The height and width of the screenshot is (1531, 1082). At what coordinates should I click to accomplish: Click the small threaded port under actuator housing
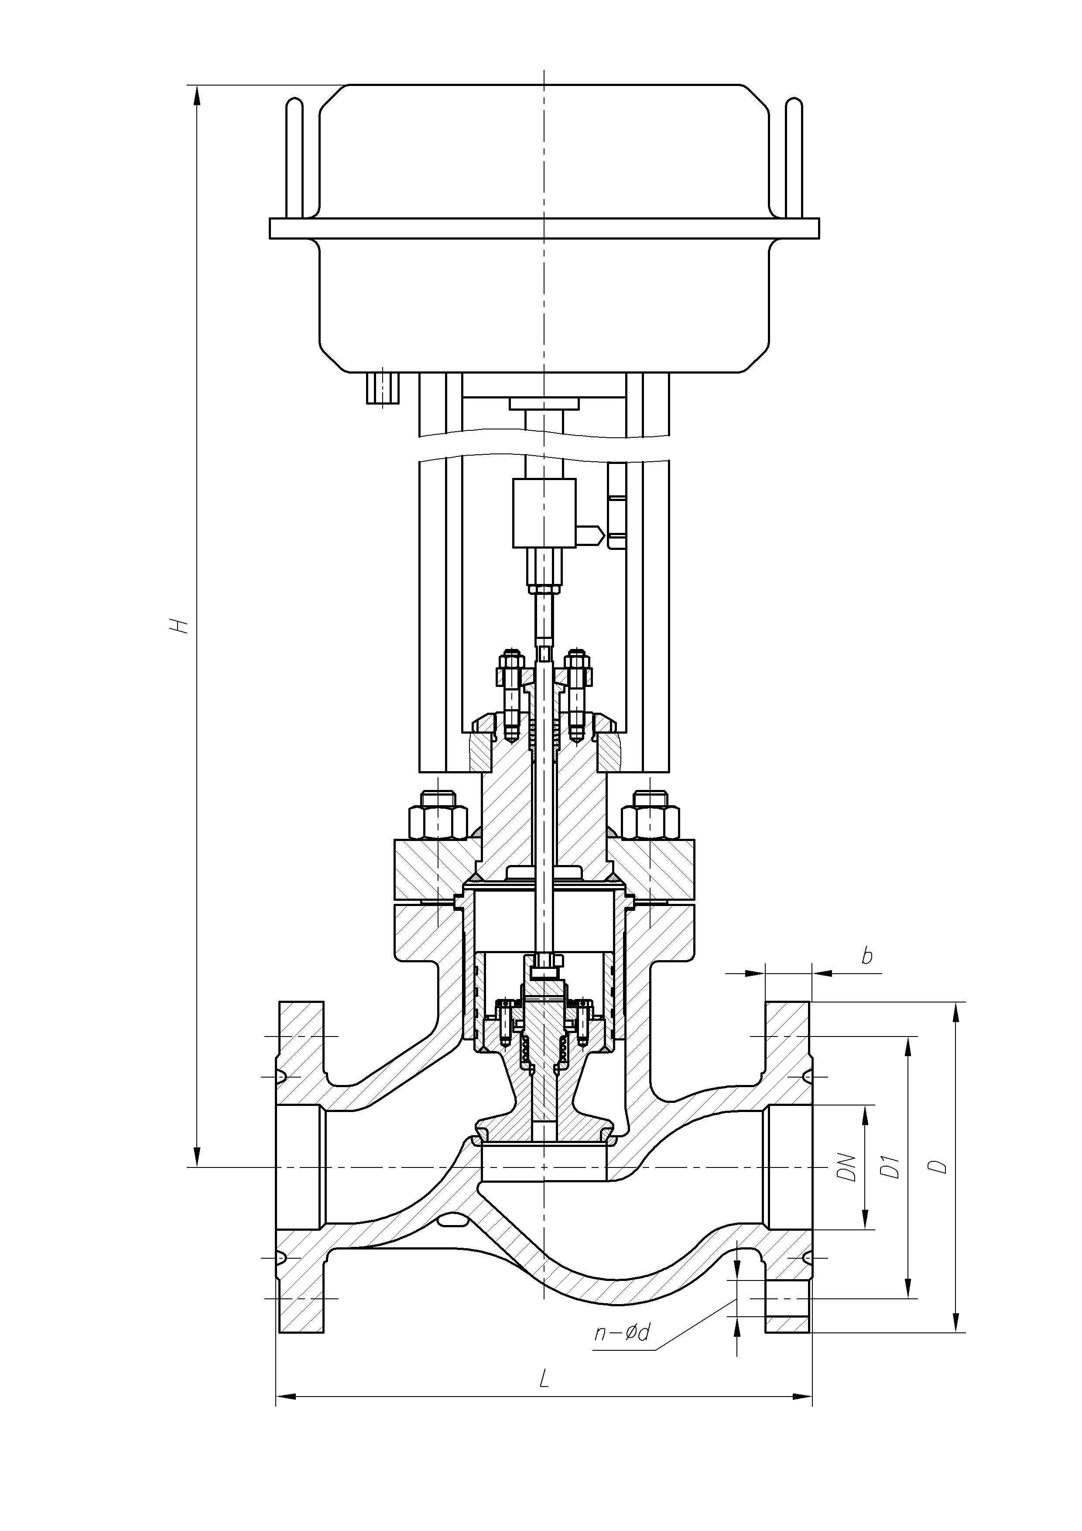pos(383,387)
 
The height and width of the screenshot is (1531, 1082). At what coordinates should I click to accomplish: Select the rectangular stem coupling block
pos(544,513)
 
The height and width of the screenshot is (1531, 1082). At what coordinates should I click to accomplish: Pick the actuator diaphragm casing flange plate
pos(544,228)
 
